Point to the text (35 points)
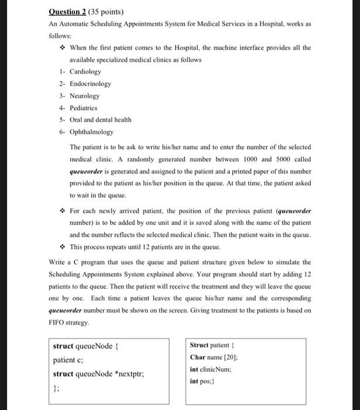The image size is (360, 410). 107,11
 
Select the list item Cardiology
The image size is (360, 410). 85,71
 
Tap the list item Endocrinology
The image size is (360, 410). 90,84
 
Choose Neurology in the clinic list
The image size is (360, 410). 84,95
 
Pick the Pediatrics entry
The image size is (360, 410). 84,108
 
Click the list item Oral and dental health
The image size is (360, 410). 100,119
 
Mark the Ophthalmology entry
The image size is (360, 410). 91,132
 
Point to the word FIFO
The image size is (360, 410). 59,323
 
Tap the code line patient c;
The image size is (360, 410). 68,360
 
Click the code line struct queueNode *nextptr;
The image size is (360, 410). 99,374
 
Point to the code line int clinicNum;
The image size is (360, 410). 210,369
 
